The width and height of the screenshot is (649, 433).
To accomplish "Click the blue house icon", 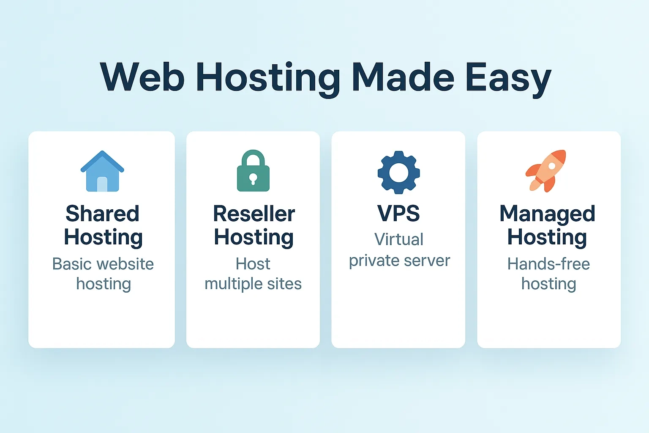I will click(x=102, y=171).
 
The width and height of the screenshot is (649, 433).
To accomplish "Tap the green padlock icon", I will click(x=253, y=171).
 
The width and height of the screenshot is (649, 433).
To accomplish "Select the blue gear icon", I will click(x=398, y=172).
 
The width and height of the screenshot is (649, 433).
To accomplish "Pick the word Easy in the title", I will click(x=508, y=78).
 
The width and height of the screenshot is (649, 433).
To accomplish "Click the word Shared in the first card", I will click(x=102, y=214).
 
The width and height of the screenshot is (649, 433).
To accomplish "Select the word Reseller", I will click(x=254, y=214).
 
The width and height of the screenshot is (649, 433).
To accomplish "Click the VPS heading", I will click(x=398, y=214).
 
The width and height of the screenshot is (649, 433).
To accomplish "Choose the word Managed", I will click(x=547, y=214).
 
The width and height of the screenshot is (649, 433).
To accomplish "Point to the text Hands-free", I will click(x=548, y=264).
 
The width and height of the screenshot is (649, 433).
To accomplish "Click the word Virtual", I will click(x=398, y=239).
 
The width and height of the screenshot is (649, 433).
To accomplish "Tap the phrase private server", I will click(x=399, y=260).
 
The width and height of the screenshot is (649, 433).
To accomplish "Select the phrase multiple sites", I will click(x=253, y=284).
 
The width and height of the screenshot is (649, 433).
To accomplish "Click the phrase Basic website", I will click(x=103, y=264).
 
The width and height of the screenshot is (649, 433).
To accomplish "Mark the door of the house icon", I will click(x=102, y=184).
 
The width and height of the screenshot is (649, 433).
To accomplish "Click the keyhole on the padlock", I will click(x=253, y=178).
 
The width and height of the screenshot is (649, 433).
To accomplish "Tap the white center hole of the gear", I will click(x=398, y=173).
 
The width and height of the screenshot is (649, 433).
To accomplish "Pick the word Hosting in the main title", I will click(x=268, y=78).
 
